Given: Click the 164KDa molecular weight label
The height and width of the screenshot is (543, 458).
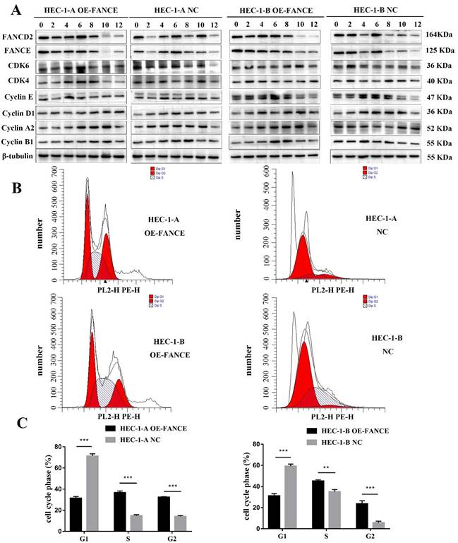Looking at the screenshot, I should [440, 34].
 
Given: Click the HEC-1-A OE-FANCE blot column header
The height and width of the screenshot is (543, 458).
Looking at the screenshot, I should [81, 10].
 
